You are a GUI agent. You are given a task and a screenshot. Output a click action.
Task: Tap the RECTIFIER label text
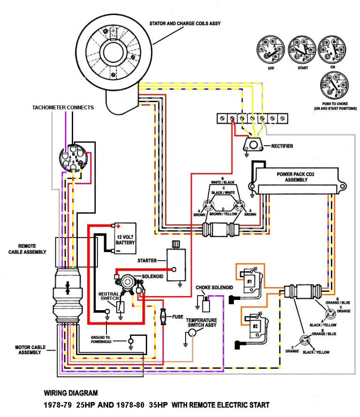[282, 146]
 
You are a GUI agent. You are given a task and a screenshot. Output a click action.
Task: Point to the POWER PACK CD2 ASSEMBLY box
[295, 180]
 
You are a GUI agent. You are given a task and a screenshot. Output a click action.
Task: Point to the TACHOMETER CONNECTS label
[63, 107]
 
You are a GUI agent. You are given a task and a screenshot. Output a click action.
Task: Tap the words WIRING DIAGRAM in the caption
[71, 393]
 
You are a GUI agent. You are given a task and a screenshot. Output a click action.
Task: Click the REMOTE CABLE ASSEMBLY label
[27, 249]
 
